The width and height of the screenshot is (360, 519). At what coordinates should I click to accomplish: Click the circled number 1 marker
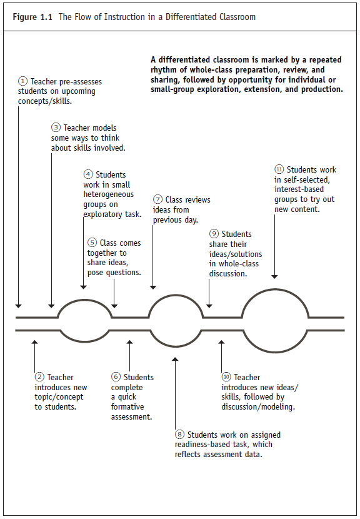point(23,81)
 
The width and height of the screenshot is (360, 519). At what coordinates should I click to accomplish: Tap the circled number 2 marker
point(39,377)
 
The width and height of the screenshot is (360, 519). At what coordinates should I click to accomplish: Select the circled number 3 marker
point(56,128)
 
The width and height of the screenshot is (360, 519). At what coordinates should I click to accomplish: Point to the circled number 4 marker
point(88,174)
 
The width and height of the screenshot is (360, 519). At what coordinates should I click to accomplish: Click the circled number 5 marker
point(92,243)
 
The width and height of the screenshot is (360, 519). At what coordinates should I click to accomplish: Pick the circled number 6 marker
point(116,377)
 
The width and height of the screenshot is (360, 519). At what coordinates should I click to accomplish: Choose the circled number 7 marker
point(157,200)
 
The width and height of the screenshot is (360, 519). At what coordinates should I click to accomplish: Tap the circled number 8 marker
point(180,435)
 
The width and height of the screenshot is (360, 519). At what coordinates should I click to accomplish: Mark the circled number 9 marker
point(214,234)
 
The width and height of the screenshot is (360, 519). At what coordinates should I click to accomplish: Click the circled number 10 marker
point(226,377)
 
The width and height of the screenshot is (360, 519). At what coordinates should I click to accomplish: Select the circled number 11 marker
point(279,169)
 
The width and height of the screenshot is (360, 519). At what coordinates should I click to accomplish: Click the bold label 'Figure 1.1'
point(33,17)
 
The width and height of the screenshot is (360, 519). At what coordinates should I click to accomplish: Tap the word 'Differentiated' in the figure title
point(177,17)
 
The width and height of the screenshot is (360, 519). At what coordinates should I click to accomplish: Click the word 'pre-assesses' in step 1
point(80,81)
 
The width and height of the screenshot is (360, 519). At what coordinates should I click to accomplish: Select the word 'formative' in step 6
point(128,407)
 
